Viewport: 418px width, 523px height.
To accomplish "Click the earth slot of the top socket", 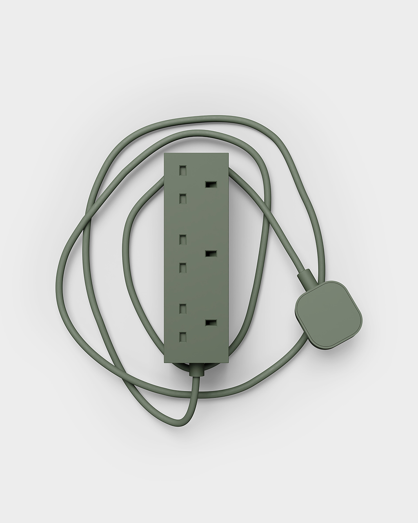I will coord(210,185).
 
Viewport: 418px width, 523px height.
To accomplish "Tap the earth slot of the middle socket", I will coord(210,254).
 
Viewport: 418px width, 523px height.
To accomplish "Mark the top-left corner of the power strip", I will coord(165,154).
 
